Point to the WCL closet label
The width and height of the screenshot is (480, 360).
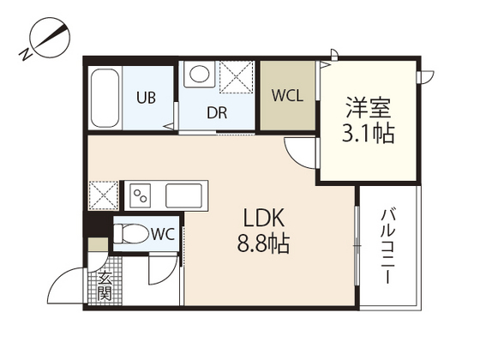[288, 96]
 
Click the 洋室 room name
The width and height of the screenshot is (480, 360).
[369, 109]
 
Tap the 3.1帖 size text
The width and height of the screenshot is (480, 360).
[369, 135]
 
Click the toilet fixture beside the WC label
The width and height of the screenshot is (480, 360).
[131, 232]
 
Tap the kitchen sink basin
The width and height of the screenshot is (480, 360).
[185, 195]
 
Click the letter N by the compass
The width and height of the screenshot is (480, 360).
[26, 57]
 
